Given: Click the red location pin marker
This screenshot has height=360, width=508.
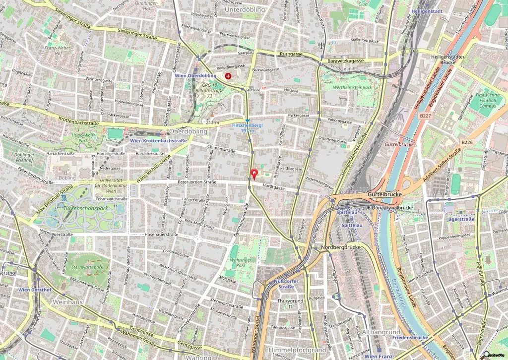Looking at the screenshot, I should (x=254, y=174).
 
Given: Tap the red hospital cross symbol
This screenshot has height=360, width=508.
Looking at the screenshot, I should (x=228, y=76).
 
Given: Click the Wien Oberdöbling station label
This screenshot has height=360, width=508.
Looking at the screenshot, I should (x=195, y=75).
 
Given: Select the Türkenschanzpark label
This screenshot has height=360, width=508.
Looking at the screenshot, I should (x=85, y=208).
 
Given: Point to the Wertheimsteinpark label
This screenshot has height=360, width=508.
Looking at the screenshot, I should (x=352, y=87).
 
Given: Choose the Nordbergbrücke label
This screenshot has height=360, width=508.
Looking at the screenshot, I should (x=340, y=247).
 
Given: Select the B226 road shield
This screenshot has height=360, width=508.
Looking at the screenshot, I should (x=467, y=142).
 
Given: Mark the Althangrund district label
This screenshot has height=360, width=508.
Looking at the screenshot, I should (x=381, y=332).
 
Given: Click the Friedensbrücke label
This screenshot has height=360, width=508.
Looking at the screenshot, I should (x=410, y=337).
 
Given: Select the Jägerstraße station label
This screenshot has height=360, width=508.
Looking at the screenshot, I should (x=460, y=219).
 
